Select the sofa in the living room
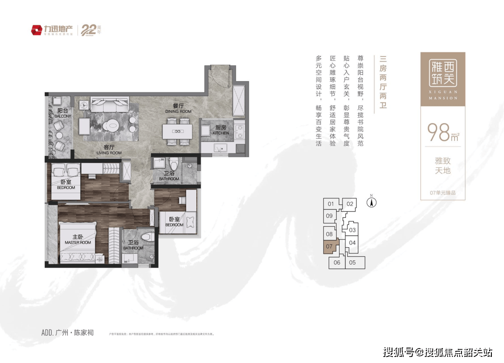coord(110,104)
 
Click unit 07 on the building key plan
coord(329,246)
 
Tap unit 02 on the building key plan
coord(350,204)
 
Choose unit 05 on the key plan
coord(353,263)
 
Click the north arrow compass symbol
coord(372,202)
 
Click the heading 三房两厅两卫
coord(383,82)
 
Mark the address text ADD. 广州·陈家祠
coord(68,333)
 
